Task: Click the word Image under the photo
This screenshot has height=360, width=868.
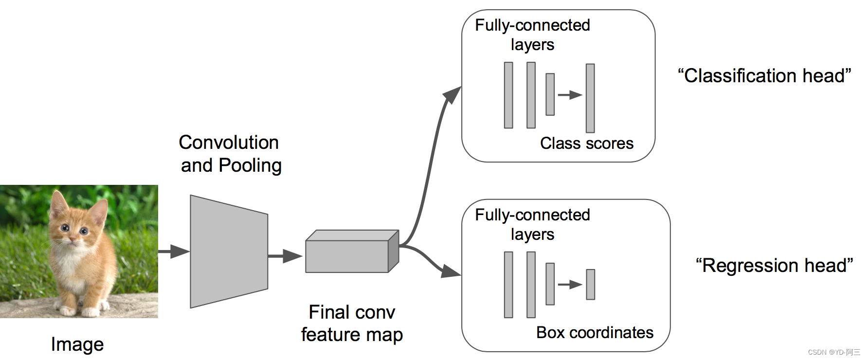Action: click(77, 344)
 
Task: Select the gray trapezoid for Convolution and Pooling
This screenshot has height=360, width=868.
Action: click(229, 252)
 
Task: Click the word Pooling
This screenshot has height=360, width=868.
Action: click(250, 166)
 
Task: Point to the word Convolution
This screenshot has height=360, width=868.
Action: click(229, 143)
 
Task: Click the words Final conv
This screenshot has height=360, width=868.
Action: click(352, 312)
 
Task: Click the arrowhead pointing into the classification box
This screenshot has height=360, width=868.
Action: click(452, 94)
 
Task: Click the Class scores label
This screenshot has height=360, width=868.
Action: click(587, 144)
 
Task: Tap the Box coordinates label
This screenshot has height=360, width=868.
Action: click(595, 333)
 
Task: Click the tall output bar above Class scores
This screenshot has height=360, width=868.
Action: click(590, 98)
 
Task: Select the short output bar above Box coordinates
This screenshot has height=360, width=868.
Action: click(590, 285)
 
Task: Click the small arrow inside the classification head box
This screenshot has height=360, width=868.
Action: click(570, 95)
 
